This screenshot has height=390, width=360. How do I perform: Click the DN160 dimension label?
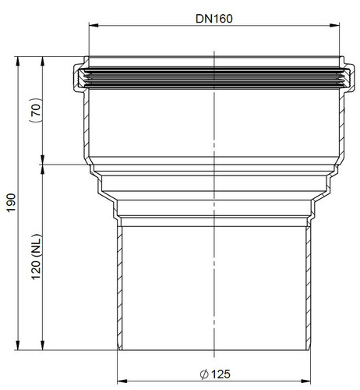pos(214,19)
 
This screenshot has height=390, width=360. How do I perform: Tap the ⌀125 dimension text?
pos(215,374)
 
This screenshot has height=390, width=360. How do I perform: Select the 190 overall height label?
pos(12,203)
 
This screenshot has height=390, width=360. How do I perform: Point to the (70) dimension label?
pos(36,110)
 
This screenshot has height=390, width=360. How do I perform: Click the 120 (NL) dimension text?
pos(37,257)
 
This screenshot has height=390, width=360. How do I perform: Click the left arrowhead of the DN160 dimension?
pos(94,25)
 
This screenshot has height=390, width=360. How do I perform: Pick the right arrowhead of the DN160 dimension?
pos(334,25)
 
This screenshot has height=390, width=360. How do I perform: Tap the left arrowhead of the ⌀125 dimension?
pos(122,381)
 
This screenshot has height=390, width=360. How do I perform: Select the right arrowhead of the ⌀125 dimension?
pos(306,381)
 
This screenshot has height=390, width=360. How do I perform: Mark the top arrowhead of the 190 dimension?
pos(18,62)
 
